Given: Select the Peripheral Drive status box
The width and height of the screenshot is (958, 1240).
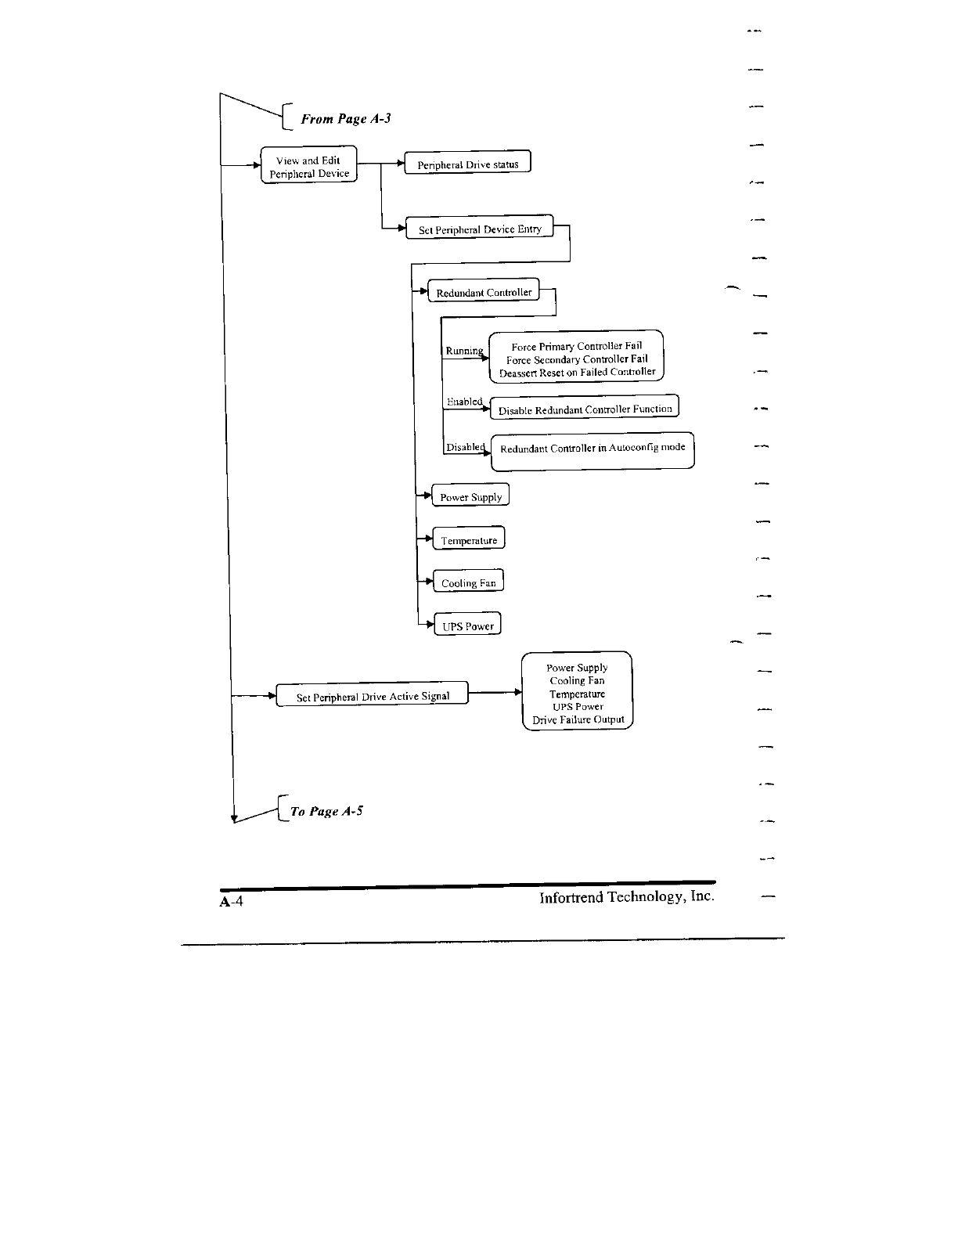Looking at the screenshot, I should [467, 163].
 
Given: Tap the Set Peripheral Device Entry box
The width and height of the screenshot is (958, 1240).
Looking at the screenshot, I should [479, 228].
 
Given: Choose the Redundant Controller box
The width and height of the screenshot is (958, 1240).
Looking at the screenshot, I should [484, 291].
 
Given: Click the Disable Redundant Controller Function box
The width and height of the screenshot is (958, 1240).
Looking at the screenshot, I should [584, 408].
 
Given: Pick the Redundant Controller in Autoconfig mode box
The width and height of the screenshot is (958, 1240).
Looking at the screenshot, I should [592, 450].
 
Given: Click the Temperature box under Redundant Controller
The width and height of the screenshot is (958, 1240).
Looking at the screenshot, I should [468, 539].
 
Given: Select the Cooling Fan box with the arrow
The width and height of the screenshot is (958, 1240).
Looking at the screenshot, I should [468, 582].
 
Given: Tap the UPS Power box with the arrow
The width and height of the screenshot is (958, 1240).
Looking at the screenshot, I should [467, 625].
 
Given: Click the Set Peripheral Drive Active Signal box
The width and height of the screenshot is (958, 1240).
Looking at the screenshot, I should [373, 695].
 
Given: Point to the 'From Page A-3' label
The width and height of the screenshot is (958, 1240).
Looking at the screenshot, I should [346, 119].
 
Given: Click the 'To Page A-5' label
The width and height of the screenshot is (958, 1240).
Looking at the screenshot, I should [326, 811].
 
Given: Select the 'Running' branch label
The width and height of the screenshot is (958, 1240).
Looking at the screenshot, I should [464, 351].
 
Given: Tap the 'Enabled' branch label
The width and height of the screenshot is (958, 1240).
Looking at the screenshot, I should [464, 402].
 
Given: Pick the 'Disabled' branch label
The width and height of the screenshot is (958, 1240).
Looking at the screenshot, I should [465, 447].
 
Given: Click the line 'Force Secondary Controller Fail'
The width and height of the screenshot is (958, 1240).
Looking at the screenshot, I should [577, 359].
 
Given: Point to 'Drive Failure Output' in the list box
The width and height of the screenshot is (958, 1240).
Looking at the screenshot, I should [578, 719].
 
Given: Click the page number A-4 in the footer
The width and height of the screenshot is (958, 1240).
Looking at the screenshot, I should [232, 902].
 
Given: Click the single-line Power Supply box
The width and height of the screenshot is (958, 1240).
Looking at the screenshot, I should [470, 496].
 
